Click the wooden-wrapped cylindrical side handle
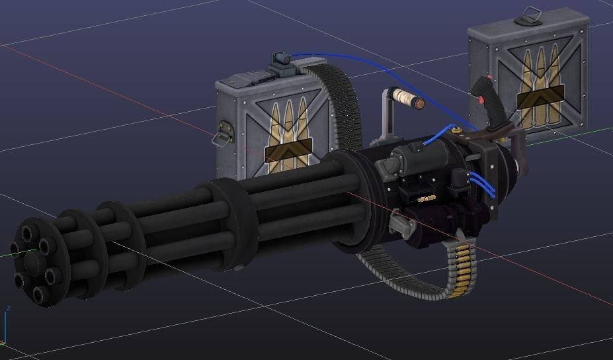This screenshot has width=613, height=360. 404,99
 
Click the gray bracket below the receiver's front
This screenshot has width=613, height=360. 399,223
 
